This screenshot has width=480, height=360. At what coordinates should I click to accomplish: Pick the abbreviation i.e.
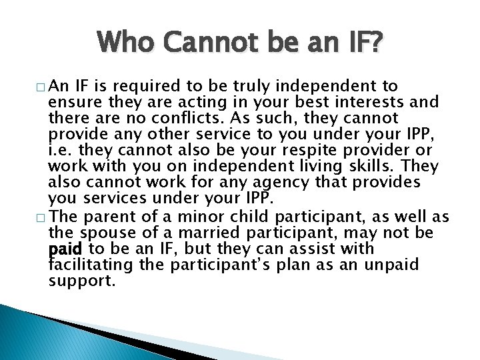pos(61,151)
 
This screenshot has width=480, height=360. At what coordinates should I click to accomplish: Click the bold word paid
pos(65,249)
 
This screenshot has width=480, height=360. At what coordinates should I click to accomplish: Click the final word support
pos(82,281)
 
